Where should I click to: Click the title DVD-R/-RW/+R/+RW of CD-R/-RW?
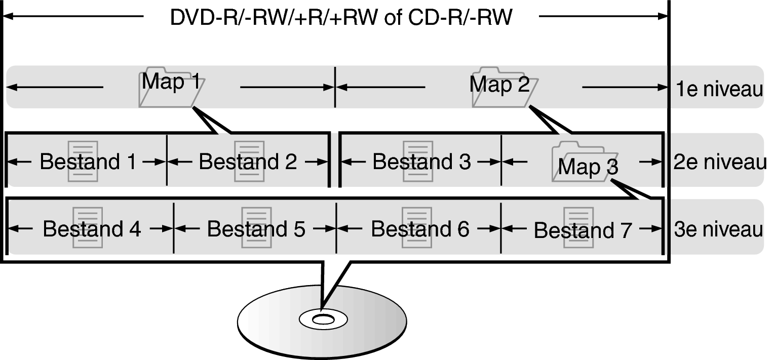click(x=341, y=18)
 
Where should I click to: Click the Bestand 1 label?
click(x=88, y=162)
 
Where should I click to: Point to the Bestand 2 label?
click(x=248, y=162)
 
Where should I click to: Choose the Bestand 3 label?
click(x=421, y=162)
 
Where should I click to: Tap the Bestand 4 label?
click(x=91, y=229)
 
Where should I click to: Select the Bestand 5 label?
click(x=256, y=229)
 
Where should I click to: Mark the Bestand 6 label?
click(x=420, y=229)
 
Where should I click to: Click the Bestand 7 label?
click(x=583, y=230)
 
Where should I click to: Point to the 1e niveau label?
click(x=719, y=90)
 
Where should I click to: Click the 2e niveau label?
click(x=720, y=163)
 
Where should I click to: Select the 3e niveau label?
click(x=718, y=229)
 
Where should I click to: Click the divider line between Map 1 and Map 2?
click(x=335, y=87)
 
